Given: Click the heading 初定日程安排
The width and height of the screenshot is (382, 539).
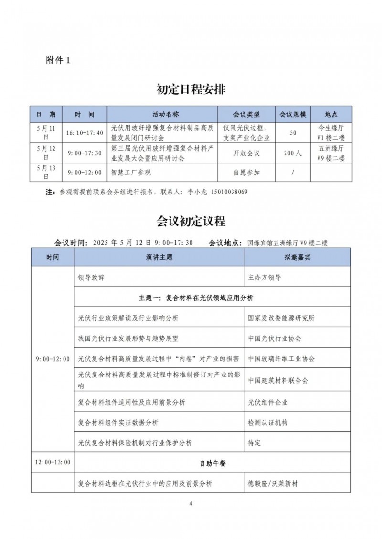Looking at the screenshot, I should pyautogui.click(x=191, y=89).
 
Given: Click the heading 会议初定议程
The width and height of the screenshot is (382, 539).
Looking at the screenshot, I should pyautogui.click(x=191, y=221).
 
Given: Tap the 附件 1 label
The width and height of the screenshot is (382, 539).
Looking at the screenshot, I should pyautogui.click(x=58, y=61).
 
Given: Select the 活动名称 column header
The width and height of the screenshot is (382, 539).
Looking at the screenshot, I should pyautogui.click(x=162, y=115).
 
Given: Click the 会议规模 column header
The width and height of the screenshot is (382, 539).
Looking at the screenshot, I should pyautogui.click(x=293, y=115).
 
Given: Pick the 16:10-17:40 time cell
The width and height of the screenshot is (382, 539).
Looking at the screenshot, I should pyautogui.click(x=85, y=132).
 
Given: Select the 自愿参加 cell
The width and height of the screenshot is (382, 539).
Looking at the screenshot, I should pyautogui.click(x=246, y=173).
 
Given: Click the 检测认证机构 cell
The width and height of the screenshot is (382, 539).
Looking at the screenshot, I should pyautogui.click(x=268, y=422).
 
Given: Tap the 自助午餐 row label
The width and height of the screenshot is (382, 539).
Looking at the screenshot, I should pyautogui.click(x=212, y=462).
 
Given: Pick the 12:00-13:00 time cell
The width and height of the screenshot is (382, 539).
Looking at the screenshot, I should pyautogui.click(x=53, y=462).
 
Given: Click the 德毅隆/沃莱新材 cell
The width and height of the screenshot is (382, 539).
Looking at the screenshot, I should pyautogui.click(x=273, y=483).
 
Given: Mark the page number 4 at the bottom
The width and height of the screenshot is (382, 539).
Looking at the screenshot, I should pyautogui.click(x=191, y=503).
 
